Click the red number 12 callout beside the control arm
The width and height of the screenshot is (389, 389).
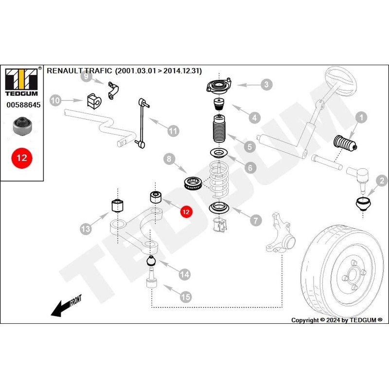point(186,212)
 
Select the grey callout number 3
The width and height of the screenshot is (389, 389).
point(265,85)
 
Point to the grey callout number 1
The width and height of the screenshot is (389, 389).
point(360,117)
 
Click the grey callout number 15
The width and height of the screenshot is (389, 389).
point(186,296)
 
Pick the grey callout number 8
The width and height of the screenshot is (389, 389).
point(169,159)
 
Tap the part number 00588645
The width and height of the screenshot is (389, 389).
point(23,104)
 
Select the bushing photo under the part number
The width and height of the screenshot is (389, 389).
point(22,126)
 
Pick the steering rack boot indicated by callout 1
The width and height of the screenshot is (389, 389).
point(344,144)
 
